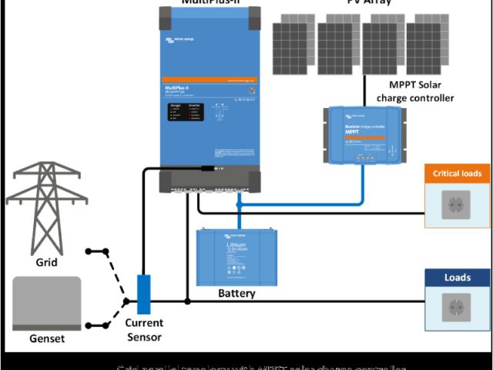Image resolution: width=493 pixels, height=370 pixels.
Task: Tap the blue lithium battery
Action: click(236, 257)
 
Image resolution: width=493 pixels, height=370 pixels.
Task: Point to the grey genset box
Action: click(46, 304)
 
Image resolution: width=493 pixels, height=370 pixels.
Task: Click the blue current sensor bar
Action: click(144, 294)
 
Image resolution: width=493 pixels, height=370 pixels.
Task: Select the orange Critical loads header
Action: click(457, 173)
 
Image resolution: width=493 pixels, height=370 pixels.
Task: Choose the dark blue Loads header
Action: click(457, 277)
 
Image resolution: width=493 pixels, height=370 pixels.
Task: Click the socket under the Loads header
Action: click(457, 308)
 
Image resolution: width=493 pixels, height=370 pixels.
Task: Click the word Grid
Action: click(46, 263)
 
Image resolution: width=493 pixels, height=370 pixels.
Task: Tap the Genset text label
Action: click(46, 338)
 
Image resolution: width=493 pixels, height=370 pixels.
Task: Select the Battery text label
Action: click(236, 294)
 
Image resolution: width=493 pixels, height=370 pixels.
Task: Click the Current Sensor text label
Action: click(144, 329)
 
